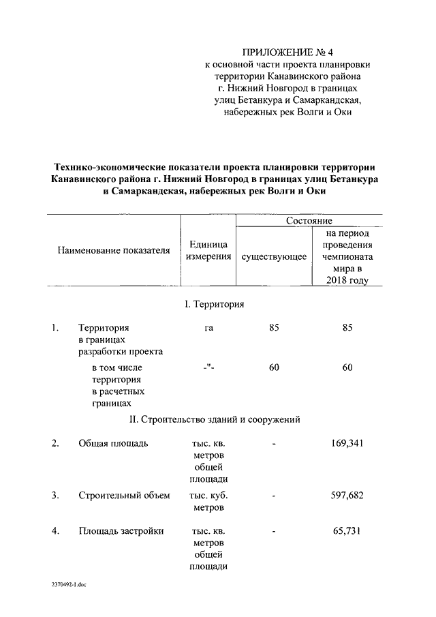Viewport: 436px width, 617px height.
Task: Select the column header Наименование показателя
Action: pos(114,250)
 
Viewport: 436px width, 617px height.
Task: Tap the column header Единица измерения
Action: pos(208,250)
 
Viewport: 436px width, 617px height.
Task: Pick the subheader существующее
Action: pos(274,256)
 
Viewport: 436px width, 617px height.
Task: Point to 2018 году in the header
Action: pos(347,280)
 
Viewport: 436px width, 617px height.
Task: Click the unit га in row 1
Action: pos(208,328)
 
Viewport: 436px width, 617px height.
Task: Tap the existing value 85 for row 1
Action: pos(274,328)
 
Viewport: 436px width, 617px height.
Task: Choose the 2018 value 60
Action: pos(347,367)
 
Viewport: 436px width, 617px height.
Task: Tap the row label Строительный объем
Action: pos(124,495)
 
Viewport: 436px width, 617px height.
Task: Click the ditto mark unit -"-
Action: pos(208,368)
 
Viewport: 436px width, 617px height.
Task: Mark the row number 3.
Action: pos(56,495)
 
